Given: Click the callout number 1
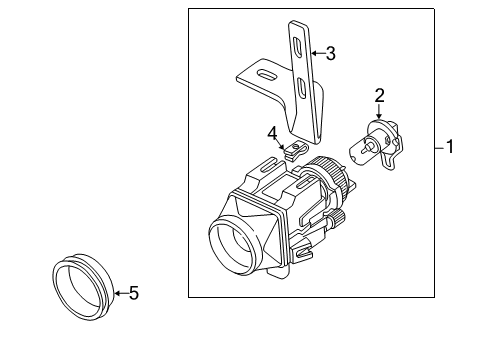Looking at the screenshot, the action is pyautogui.click(x=450, y=147).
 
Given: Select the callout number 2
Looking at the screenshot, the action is pyautogui.click(x=379, y=95).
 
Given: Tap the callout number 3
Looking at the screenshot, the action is pyautogui.click(x=330, y=53).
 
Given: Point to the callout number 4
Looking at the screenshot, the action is pyautogui.click(x=272, y=134).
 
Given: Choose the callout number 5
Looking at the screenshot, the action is pyautogui.click(x=134, y=293).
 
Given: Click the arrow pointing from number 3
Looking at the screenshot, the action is pyautogui.click(x=318, y=53).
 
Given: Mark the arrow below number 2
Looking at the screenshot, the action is pyautogui.click(x=378, y=111).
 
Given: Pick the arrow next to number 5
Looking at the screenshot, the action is pyautogui.click(x=121, y=293).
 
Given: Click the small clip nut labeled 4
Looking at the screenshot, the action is pyautogui.click(x=294, y=151).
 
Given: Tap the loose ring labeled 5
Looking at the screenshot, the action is pyautogui.click(x=83, y=286).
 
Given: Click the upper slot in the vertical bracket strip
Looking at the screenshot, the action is pyautogui.click(x=297, y=47).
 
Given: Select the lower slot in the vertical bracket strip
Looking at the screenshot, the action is pyautogui.click(x=302, y=88).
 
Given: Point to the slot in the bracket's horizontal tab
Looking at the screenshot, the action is pyautogui.click(x=267, y=75).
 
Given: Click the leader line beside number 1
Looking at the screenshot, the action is pyautogui.click(x=440, y=147).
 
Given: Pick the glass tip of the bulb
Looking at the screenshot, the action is pyautogui.click(x=361, y=151).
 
